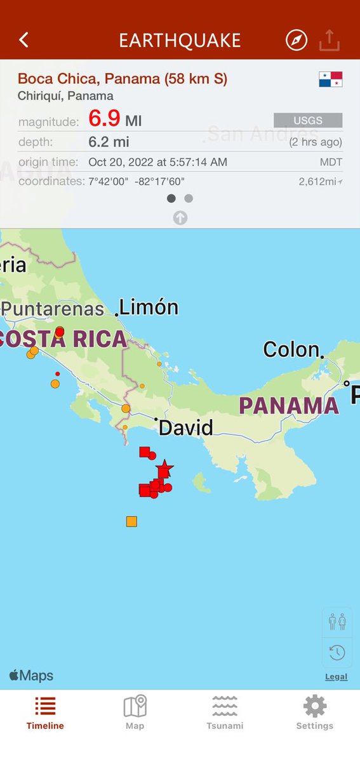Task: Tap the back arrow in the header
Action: point(23,40)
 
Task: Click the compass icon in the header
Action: point(297,40)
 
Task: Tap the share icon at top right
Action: point(330,40)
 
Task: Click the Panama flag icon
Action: point(330,79)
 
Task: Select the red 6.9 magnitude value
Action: point(104,119)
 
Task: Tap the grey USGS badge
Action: point(308,120)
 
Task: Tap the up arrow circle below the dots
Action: point(180,218)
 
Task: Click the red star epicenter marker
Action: point(164,468)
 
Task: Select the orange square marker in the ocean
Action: point(131,522)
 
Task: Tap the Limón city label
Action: point(149,308)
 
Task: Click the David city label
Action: point(185,427)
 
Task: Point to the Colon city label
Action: point(291,349)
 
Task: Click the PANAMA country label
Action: point(289,406)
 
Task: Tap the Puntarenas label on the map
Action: point(53,309)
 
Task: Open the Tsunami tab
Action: point(225,712)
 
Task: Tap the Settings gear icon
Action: point(314,706)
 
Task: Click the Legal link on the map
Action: point(336,677)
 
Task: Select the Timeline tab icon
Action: point(45,706)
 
